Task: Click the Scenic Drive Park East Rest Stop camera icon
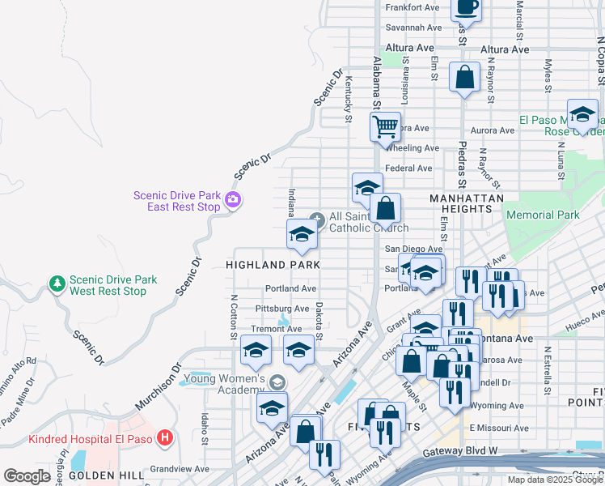[x=233, y=199]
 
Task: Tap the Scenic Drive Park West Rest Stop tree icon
[x=57, y=283]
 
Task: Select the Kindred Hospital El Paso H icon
[x=165, y=439]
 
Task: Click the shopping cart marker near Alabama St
[x=386, y=126]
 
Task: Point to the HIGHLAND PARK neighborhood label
[x=273, y=265]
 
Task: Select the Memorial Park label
[x=542, y=215]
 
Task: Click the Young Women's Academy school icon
[x=277, y=382]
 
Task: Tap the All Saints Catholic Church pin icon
[x=318, y=218]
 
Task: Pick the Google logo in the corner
[x=27, y=475]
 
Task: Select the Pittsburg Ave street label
[x=282, y=309]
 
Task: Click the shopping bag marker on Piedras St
[x=465, y=79]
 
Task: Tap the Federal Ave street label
[x=408, y=168]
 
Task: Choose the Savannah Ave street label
[x=412, y=27]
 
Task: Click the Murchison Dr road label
[x=167, y=390]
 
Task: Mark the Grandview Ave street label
[x=180, y=468]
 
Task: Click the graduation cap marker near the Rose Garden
[x=582, y=116]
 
